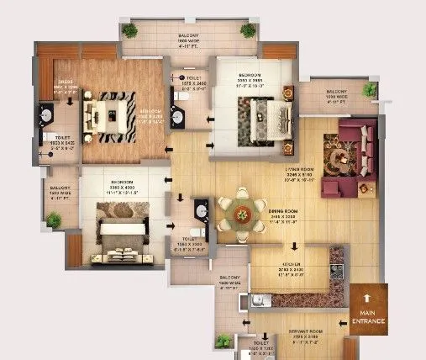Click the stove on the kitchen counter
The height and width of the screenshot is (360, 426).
[x=337, y=271]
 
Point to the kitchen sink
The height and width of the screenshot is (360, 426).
[x=262, y=299]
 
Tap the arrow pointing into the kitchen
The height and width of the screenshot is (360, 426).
[x=294, y=247]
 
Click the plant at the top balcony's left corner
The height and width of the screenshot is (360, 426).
[x=129, y=31]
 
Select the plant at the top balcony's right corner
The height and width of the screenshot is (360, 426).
[x=247, y=31]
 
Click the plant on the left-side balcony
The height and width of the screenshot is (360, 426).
[x=54, y=220]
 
